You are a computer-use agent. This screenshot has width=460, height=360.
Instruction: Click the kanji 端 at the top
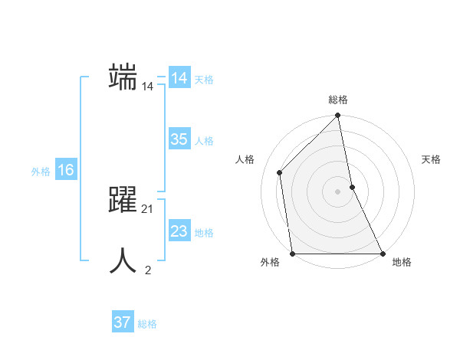(x=123, y=77)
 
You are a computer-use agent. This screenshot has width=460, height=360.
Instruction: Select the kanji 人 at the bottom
(x=123, y=261)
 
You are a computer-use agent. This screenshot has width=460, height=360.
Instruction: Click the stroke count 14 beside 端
(x=148, y=87)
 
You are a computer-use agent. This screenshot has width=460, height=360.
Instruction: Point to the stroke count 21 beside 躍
(x=148, y=209)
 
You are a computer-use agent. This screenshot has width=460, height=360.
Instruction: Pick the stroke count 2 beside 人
(x=148, y=270)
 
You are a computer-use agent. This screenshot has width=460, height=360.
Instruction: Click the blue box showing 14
(x=179, y=78)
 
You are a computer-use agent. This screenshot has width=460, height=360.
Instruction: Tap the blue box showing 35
(x=179, y=139)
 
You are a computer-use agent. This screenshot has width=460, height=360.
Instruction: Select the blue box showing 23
(x=179, y=231)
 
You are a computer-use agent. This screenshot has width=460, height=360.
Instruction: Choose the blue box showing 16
(x=66, y=170)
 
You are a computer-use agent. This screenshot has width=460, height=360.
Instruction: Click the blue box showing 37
(x=123, y=322)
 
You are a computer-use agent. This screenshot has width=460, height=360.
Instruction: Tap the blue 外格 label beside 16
(x=41, y=172)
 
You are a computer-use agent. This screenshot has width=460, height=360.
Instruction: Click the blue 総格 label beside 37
(x=147, y=324)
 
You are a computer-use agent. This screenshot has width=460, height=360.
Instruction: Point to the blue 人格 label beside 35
(x=204, y=141)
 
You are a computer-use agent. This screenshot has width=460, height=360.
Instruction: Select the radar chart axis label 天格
(x=431, y=159)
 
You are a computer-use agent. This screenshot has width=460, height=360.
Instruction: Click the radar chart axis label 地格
(x=402, y=263)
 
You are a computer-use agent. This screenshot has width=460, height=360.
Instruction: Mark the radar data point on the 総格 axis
(x=338, y=116)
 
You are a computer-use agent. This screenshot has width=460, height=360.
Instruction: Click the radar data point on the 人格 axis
(x=280, y=172)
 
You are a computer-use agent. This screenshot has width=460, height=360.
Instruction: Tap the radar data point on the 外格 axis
(x=293, y=253)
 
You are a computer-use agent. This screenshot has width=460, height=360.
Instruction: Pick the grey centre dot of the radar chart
(x=338, y=191)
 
